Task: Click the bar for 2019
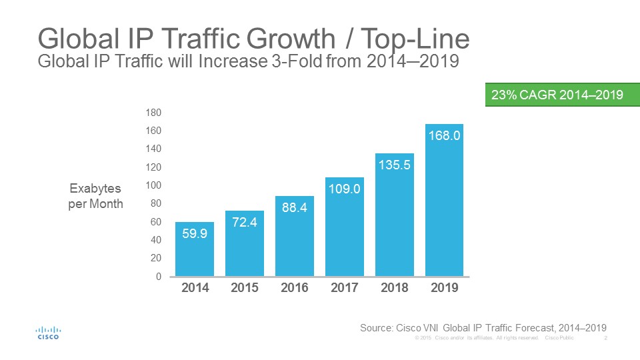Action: (444, 200)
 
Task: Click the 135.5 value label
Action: (395, 165)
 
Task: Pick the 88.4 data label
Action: (295, 207)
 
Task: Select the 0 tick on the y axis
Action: (158, 276)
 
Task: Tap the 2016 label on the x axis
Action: (295, 288)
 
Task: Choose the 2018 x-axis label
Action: (395, 288)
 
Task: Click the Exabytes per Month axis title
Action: (96, 197)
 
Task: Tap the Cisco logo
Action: (47, 333)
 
